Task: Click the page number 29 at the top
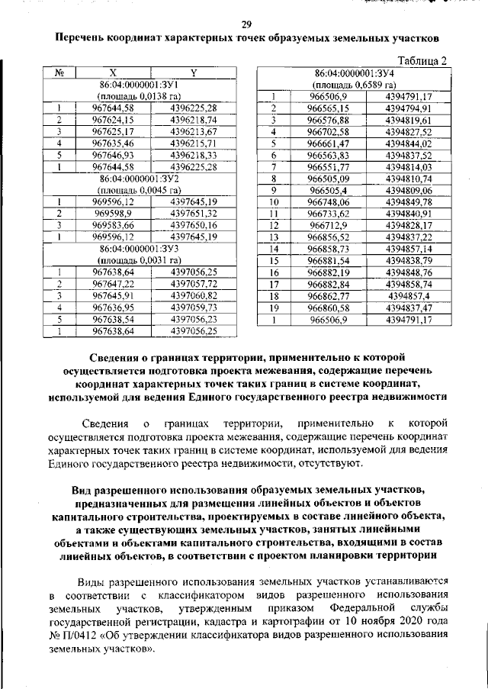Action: pyautogui.click(x=246, y=22)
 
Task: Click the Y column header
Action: pyautogui.click(x=194, y=73)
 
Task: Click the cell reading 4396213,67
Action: pyautogui.click(x=194, y=131)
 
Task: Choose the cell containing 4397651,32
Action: pyautogui.click(x=194, y=213)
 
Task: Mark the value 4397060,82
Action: pyautogui.click(x=194, y=295)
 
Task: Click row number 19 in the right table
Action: pyautogui.click(x=272, y=307)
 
